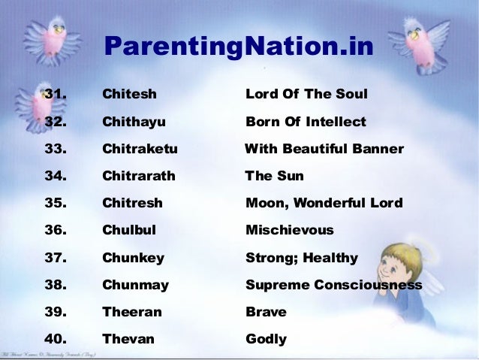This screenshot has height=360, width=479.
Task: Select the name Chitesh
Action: [x=129, y=95]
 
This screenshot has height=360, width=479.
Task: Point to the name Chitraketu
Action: [x=140, y=149]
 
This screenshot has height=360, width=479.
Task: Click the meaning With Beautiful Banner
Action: [x=324, y=149]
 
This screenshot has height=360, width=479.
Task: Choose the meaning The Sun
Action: [x=275, y=177]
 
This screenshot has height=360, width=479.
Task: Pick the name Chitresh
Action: [x=132, y=203]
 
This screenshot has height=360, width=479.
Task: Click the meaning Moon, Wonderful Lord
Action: [x=324, y=203]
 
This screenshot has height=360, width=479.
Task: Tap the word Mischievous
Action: [x=290, y=230]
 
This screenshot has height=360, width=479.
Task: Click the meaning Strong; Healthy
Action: [x=302, y=258]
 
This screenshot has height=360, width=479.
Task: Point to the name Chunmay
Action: [x=135, y=285]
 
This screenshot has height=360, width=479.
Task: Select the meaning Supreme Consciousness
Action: [x=333, y=285]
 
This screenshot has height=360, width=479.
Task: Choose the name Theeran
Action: [x=131, y=312]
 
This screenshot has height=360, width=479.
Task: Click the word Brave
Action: [x=266, y=312]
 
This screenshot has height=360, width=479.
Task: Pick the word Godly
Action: [x=266, y=339]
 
